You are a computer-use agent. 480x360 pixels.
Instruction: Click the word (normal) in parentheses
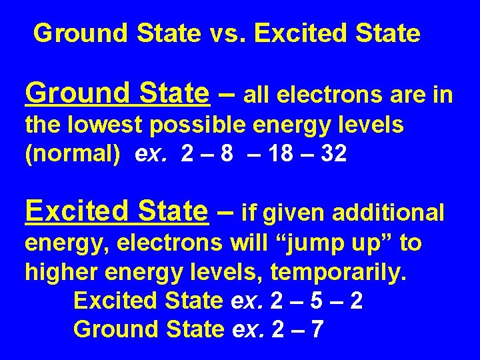[72, 154]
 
